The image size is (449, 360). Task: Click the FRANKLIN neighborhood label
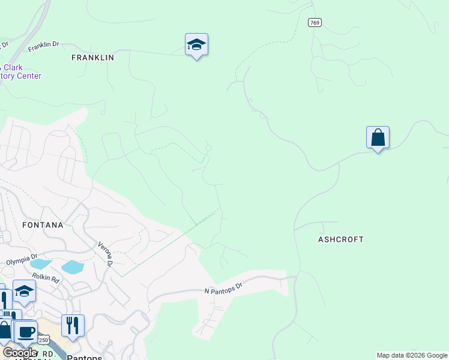[92, 58]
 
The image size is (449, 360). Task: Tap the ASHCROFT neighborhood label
[341, 239]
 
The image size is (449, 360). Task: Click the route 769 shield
[315, 23]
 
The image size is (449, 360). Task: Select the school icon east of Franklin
[196, 45]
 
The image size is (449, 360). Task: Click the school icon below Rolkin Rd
[24, 292]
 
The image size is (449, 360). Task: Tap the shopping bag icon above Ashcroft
[378, 138]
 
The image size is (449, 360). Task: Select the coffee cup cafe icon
[25, 332]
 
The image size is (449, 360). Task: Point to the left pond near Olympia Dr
[41, 263]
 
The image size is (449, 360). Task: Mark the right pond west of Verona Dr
[72, 267]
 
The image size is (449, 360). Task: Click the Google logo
[19, 353]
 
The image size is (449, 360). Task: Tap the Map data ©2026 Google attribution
[412, 355]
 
